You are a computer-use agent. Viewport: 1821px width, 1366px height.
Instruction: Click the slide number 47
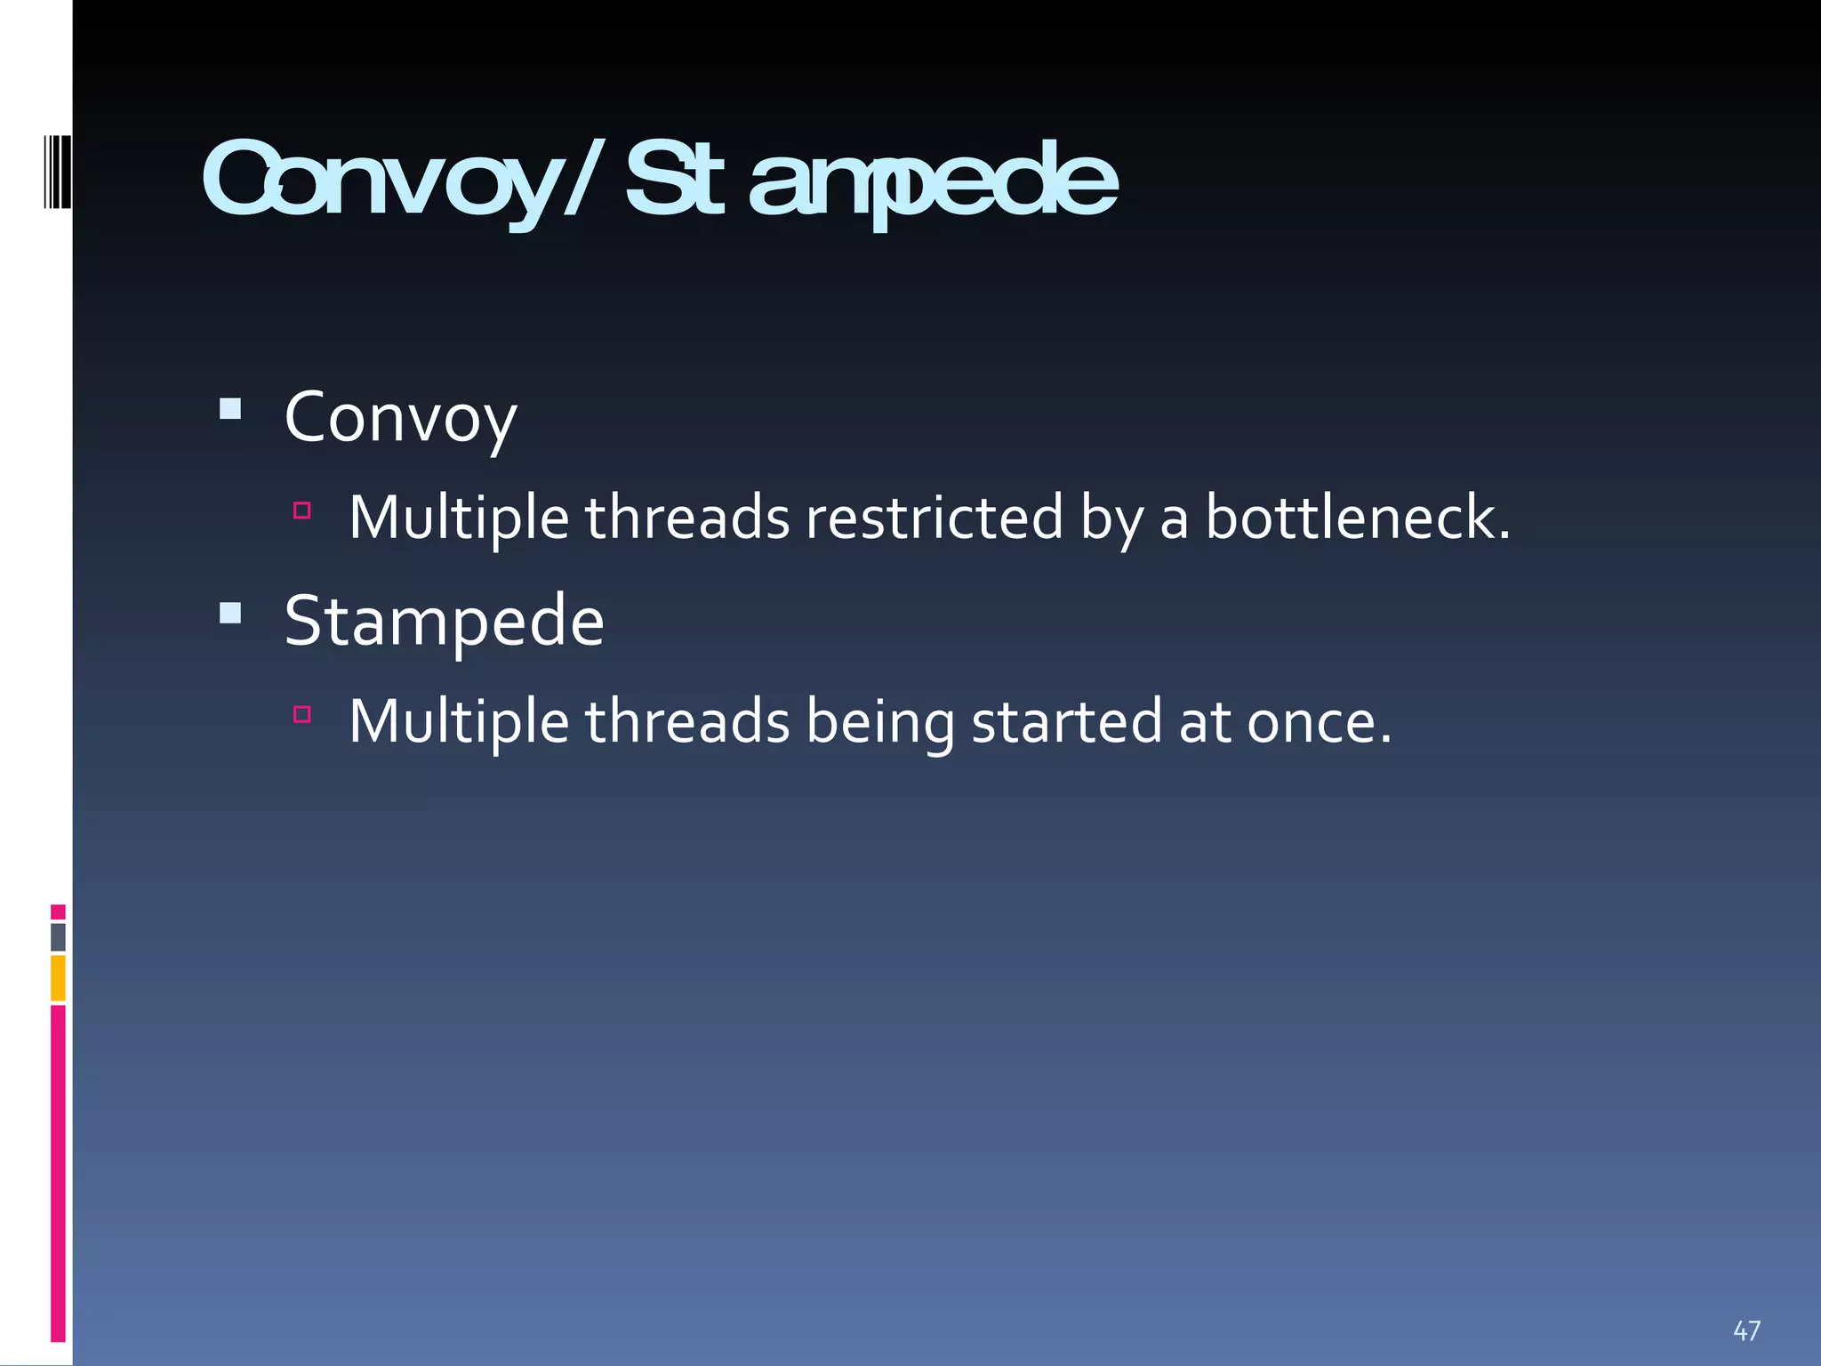[x=1746, y=1330]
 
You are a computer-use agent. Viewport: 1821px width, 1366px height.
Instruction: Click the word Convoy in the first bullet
[x=400, y=418]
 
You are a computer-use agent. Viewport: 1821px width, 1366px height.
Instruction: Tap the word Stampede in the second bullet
[x=444, y=622]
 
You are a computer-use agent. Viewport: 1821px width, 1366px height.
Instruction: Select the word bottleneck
[x=1357, y=518]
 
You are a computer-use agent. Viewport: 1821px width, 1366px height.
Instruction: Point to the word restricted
[x=934, y=518]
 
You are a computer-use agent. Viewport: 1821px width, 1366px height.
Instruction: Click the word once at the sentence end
[x=1318, y=721]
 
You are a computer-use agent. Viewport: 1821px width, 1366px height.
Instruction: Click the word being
[x=879, y=723]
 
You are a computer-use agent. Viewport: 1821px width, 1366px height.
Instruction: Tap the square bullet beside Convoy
[x=230, y=409]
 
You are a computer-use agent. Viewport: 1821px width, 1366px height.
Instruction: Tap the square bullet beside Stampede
[x=230, y=613]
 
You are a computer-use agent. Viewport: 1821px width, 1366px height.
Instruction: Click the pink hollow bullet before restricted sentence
[x=302, y=510]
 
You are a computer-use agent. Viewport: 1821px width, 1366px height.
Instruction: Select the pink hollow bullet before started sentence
[x=302, y=714]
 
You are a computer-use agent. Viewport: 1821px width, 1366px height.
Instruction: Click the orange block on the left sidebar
[x=58, y=977]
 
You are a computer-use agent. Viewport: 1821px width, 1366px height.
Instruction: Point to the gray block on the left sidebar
[x=58, y=936]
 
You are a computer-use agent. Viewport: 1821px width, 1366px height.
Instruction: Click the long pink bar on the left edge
[x=58, y=1172]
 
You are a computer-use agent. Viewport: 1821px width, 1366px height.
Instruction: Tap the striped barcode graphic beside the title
[x=56, y=172]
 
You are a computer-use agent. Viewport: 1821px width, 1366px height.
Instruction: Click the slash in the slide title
[x=584, y=178]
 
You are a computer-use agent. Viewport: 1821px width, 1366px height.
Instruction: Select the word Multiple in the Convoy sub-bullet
[x=458, y=519]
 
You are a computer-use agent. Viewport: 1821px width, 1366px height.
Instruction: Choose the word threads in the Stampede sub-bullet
[x=686, y=721]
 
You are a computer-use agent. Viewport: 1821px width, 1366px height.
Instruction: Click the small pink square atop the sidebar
[x=58, y=912]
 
